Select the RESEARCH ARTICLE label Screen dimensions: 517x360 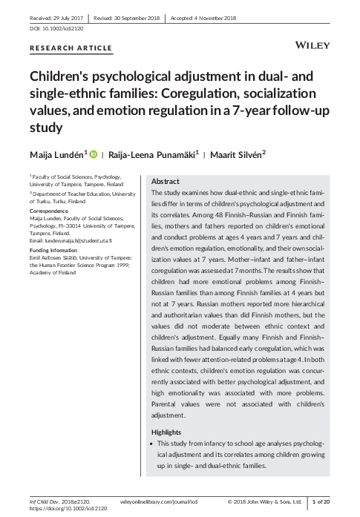click(x=71, y=48)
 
